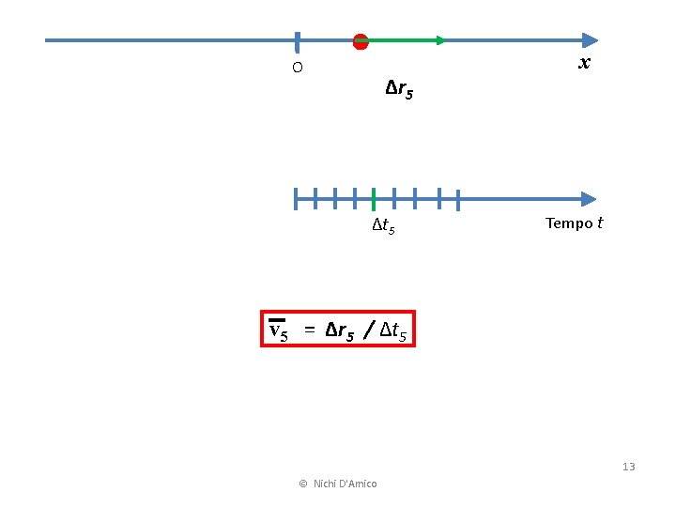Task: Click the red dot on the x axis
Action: pos(361,40)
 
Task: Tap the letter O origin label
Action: pos(297,68)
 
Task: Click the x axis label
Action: pos(584,63)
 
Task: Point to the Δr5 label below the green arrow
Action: pos(399,90)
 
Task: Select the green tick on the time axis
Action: pos(374,199)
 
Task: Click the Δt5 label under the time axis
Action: pos(383,226)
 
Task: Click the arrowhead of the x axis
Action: pos(590,40)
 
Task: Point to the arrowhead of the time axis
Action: pos(589,199)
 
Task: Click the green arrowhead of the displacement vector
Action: pos(440,40)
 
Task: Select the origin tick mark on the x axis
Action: pos(297,41)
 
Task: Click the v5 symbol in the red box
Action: pos(278,330)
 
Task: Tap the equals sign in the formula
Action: pos(308,330)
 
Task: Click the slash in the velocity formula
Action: pos(369,330)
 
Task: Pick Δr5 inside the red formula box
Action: pos(340,330)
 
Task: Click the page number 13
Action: pos(628,467)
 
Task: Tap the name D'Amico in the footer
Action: pos(358,484)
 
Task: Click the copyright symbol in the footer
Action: pos(302,484)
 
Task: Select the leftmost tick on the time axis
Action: pos(296,199)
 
